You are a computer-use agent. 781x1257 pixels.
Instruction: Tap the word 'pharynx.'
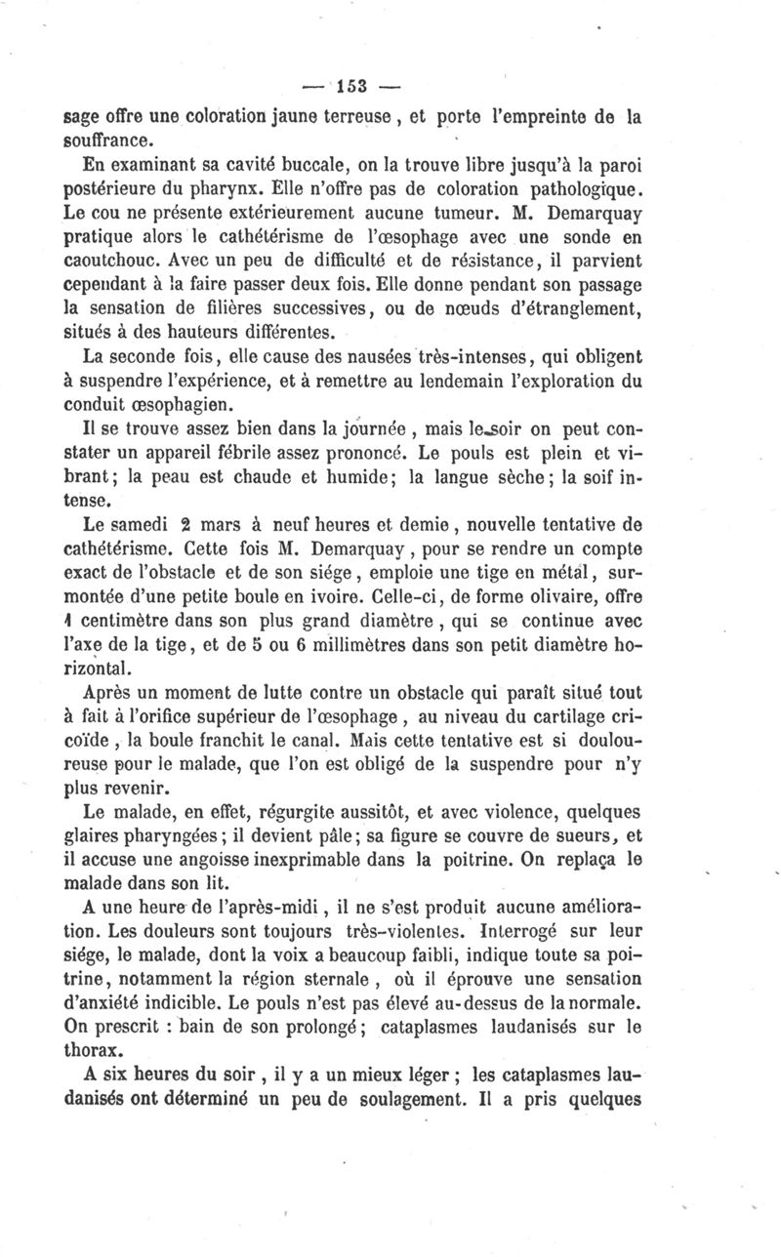click(245, 185)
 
